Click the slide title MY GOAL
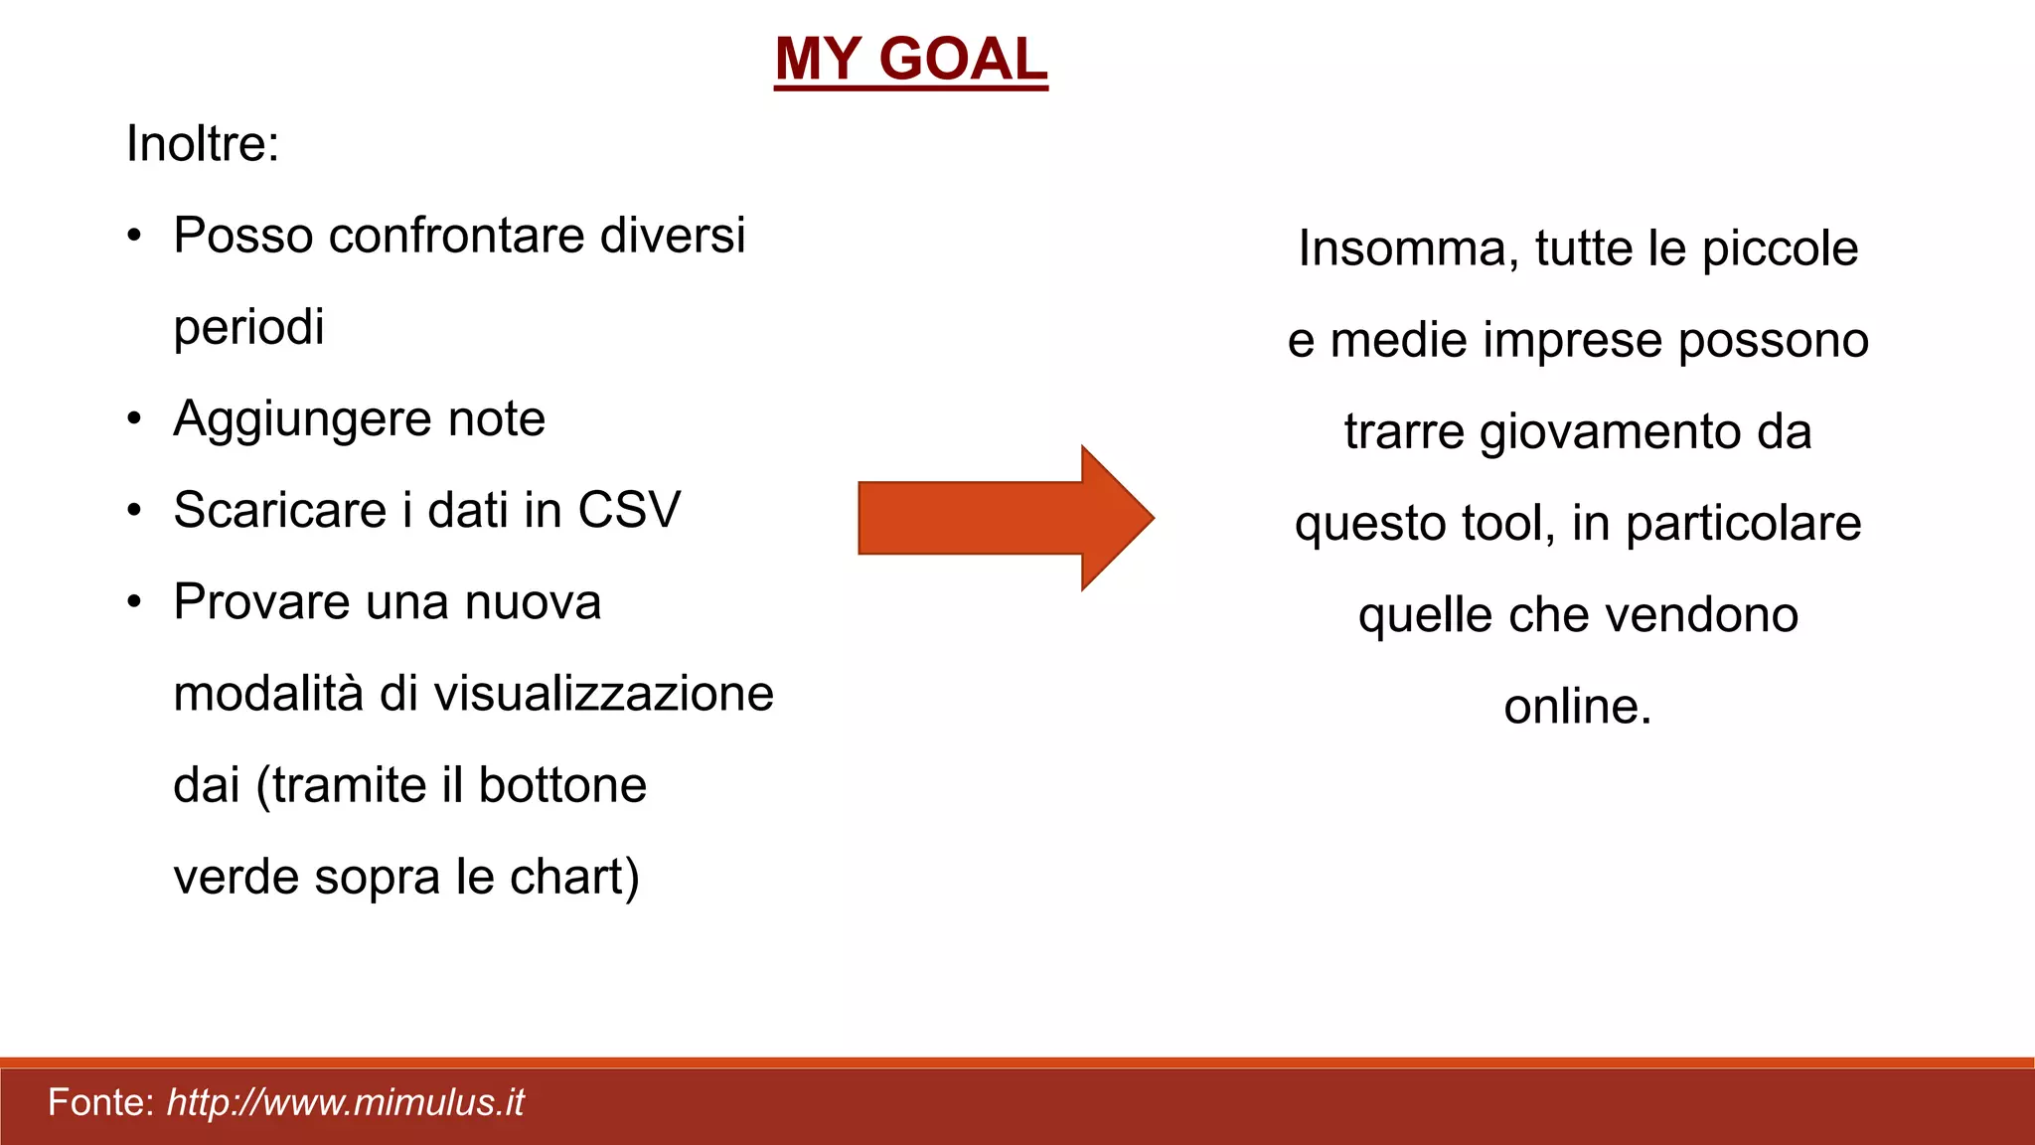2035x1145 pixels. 910,60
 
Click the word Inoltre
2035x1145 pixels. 202,144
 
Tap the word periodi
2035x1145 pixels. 248,328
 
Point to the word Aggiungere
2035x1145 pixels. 301,419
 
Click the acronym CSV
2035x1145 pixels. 629,511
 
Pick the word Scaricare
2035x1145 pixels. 279,511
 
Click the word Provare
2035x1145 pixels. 260,602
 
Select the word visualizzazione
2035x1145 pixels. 603,694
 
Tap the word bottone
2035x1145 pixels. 562,785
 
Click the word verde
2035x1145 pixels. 235,878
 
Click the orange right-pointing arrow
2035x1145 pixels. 1005,518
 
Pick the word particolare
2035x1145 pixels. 1743,524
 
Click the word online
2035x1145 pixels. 1577,707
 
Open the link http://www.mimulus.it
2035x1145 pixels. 345,1103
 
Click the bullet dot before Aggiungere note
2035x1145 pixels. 135,419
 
